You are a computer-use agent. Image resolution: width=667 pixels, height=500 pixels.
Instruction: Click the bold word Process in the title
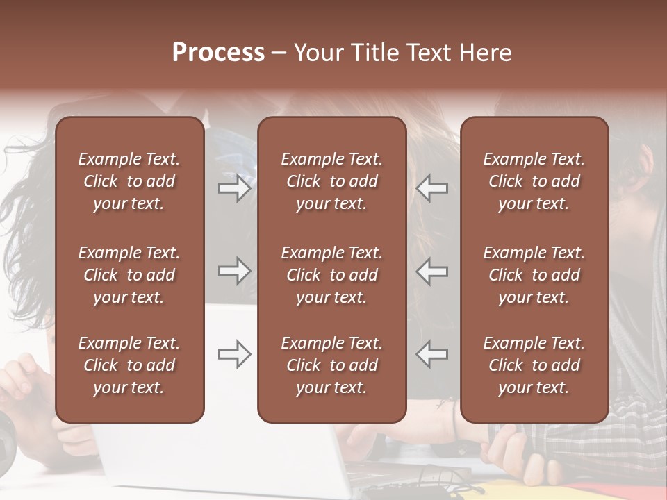pyautogui.click(x=218, y=53)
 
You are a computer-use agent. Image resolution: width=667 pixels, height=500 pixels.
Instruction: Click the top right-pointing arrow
pyautogui.click(x=234, y=187)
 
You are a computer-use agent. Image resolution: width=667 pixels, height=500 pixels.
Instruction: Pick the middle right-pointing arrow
pyautogui.click(x=234, y=271)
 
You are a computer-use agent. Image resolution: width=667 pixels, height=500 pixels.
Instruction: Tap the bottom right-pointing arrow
pyautogui.click(x=234, y=354)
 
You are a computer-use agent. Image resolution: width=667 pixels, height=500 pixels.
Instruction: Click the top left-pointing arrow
pyautogui.click(x=432, y=187)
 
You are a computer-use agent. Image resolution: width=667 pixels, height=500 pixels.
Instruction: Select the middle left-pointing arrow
pyautogui.click(x=432, y=271)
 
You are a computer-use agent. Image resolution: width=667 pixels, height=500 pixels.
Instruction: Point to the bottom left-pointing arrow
pyautogui.click(x=432, y=354)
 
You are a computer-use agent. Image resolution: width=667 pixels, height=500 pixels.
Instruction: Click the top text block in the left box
pyautogui.click(x=129, y=181)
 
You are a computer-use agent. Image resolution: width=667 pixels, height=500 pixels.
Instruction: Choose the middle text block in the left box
pyautogui.click(x=129, y=275)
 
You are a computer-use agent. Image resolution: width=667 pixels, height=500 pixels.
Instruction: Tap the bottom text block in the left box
pyautogui.click(x=129, y=365)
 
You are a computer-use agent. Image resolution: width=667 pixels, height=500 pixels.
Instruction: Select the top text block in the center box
pyautogui.click(x=331, y=181)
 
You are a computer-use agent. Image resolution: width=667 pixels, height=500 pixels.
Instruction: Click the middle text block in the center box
pyautogui.click(x=331, y=275)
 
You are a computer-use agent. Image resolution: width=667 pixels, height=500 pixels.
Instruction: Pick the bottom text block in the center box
pyautogui.click(x=331, y=365)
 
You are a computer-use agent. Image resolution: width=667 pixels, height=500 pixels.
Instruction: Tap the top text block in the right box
pyautogui.click(x=534, y=181)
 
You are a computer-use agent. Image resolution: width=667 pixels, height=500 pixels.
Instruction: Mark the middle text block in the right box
pyautogui.click(x=534, y=275)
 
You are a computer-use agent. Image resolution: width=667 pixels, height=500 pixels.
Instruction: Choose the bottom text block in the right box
pyautogui.click(x=534, y=365)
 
